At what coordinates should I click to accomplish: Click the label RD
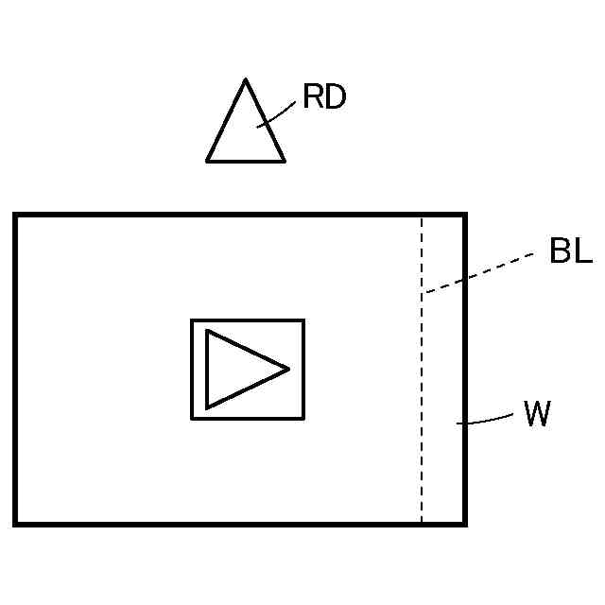[324, 96]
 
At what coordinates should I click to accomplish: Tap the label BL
[570, 251]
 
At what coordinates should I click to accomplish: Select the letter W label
[537, 415]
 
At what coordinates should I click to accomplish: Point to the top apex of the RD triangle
[246, 80]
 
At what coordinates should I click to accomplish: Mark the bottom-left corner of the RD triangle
[208, 161]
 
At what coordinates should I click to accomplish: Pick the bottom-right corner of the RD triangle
[284, 161]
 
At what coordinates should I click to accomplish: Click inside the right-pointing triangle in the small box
[236, 369]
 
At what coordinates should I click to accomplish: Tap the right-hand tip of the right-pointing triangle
[288, 368]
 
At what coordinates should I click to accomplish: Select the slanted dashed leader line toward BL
[482, 272]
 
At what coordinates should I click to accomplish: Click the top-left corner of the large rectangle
[15, 216]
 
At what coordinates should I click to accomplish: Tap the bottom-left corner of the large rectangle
[15, 523]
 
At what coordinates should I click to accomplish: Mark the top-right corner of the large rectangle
[464, 216]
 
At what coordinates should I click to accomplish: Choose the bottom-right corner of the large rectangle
[464, 523]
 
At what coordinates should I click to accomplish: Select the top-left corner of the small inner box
[192, 320]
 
